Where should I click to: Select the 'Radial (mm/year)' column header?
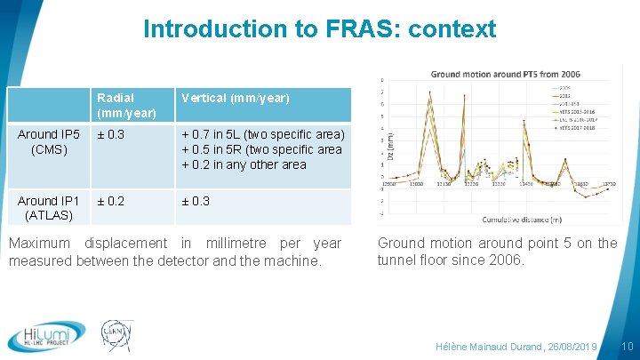pyautogui.click(x=126, y=105)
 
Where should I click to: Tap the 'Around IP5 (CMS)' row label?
pyautogui.click(x=49, y=142)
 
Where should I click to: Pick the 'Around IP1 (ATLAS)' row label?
pyautogui.click(x=49, y=208)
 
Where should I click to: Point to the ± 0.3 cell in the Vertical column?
pyautogui.click(x=196, y=201)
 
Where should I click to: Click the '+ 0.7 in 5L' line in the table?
pyautogui.click(x=262, y=134)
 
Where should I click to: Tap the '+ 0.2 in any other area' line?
pyautogui.click(x=244, y=164)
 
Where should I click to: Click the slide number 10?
pyautogui.click(x=627, y=346)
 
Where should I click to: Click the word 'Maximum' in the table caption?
pyautogui.click(x=39, y=244)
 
